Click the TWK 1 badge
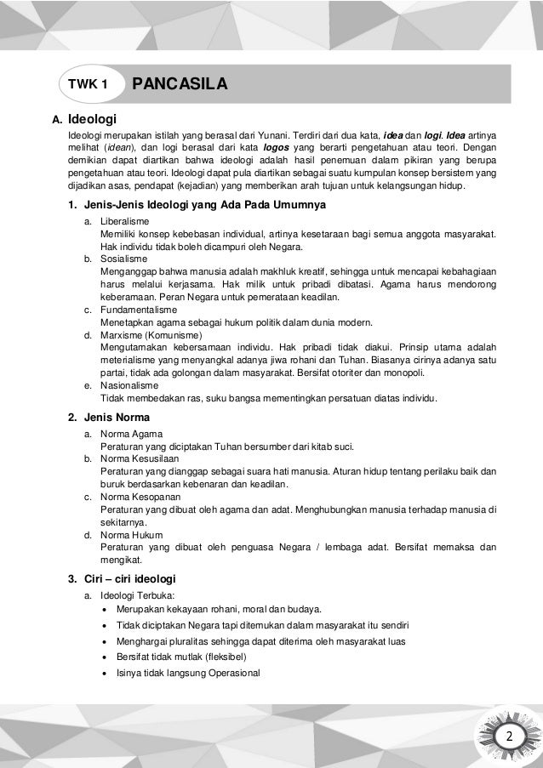coord(88,85)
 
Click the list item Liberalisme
coord(124,221)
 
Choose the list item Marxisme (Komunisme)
coord(144,335)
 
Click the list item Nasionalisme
coord(128,385)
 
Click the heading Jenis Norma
coord(114,417)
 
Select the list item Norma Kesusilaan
coord(137,458)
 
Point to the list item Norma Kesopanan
coord(137,496)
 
